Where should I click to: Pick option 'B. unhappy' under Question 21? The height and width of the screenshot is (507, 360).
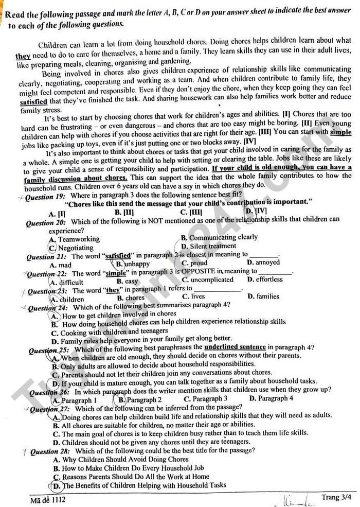(133, 264)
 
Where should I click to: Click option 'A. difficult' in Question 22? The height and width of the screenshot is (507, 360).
(66, 282)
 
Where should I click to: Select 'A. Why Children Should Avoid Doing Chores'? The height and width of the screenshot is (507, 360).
(120, 459)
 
